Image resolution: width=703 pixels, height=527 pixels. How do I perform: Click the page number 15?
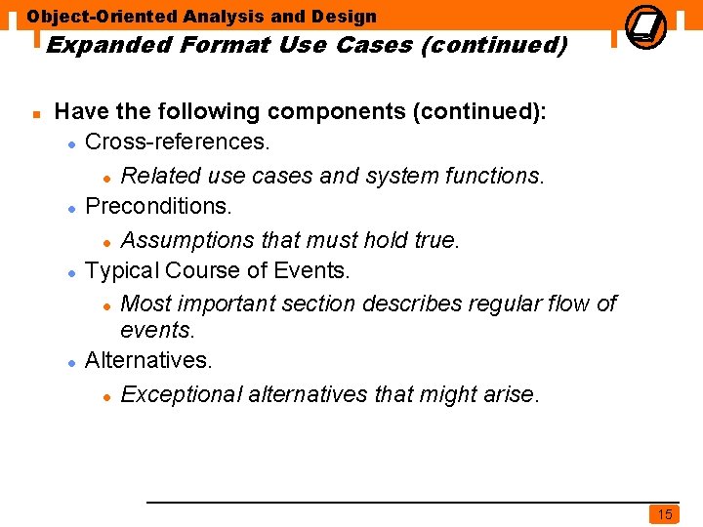664,514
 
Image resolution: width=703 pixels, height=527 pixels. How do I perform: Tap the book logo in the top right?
646,25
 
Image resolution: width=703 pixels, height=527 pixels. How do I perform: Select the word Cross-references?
178,142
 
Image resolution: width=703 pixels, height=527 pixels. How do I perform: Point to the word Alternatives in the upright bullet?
148,360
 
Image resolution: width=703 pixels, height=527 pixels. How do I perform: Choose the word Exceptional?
182,394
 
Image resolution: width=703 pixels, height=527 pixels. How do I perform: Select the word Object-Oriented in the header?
102,17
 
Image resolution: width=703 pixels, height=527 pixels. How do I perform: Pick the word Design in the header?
343,17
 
